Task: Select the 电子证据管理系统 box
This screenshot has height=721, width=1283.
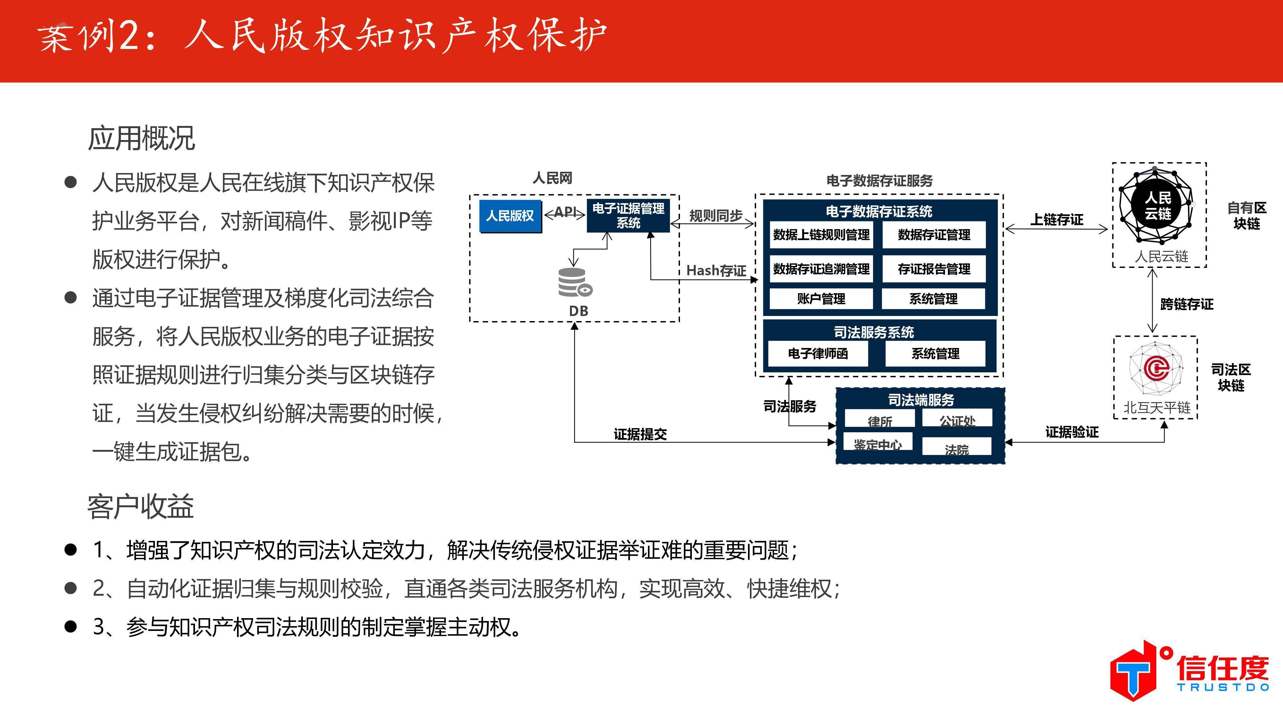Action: [x=628, y=215]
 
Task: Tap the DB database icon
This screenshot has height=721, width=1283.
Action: [x=575, y=283]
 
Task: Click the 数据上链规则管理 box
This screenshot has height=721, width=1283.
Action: [x=821, y=235]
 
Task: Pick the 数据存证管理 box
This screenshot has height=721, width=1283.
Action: [x=934, y=235]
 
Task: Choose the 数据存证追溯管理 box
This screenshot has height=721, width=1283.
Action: [x=821, y=269]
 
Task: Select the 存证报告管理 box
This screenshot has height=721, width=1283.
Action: [x=934, y=269]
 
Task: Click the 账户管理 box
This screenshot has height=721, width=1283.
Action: [x=821, y=299]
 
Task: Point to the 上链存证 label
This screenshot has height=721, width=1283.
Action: [x=1056, y=220]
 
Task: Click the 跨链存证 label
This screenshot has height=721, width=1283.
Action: [x=1186, y=304]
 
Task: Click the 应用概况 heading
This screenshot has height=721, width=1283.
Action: [x=141, y=138]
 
